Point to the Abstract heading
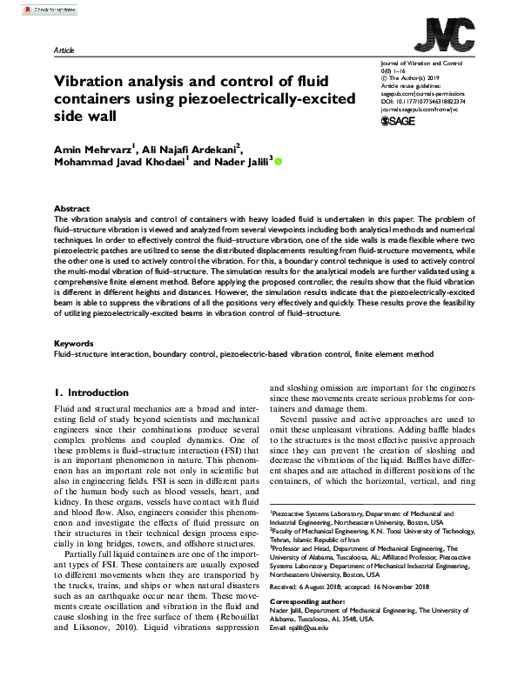[x=71, y=209]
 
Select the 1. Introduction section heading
[x=93, y=392]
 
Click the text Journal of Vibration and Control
[x=421, y=64]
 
